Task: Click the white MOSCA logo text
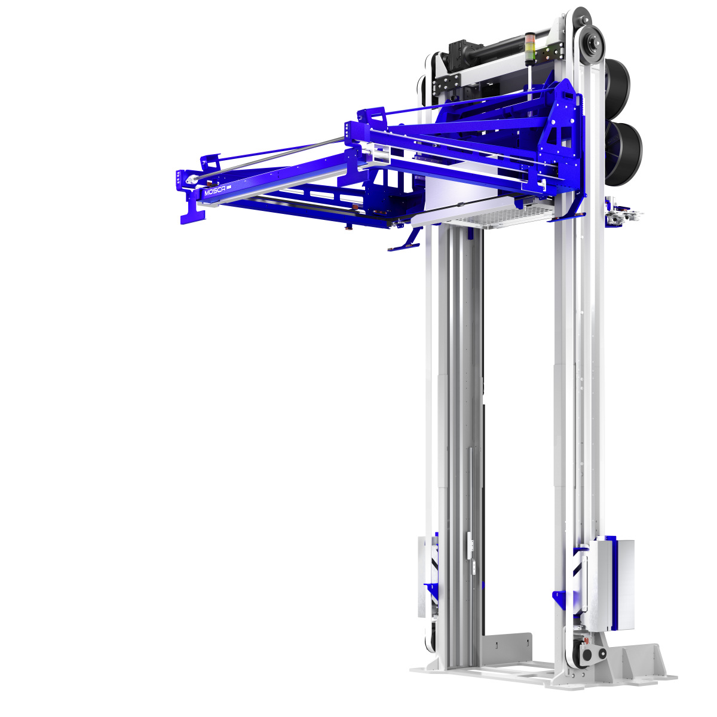point(215,191)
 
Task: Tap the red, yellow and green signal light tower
point(530,50)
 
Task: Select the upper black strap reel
point(617,88)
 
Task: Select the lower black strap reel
point(624,154)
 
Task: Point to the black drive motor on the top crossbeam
point(484,54)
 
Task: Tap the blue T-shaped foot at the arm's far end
point(192,212)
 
